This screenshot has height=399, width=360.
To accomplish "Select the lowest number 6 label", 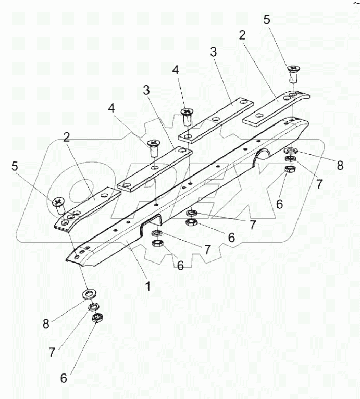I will click(64, 378).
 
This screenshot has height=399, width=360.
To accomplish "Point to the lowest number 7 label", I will click(52, 352).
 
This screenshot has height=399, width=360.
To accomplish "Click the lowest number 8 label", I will click(46, 324).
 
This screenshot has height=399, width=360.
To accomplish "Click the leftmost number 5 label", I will click(14, 167).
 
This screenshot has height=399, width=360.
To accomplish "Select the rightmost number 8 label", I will click(340, 165).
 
